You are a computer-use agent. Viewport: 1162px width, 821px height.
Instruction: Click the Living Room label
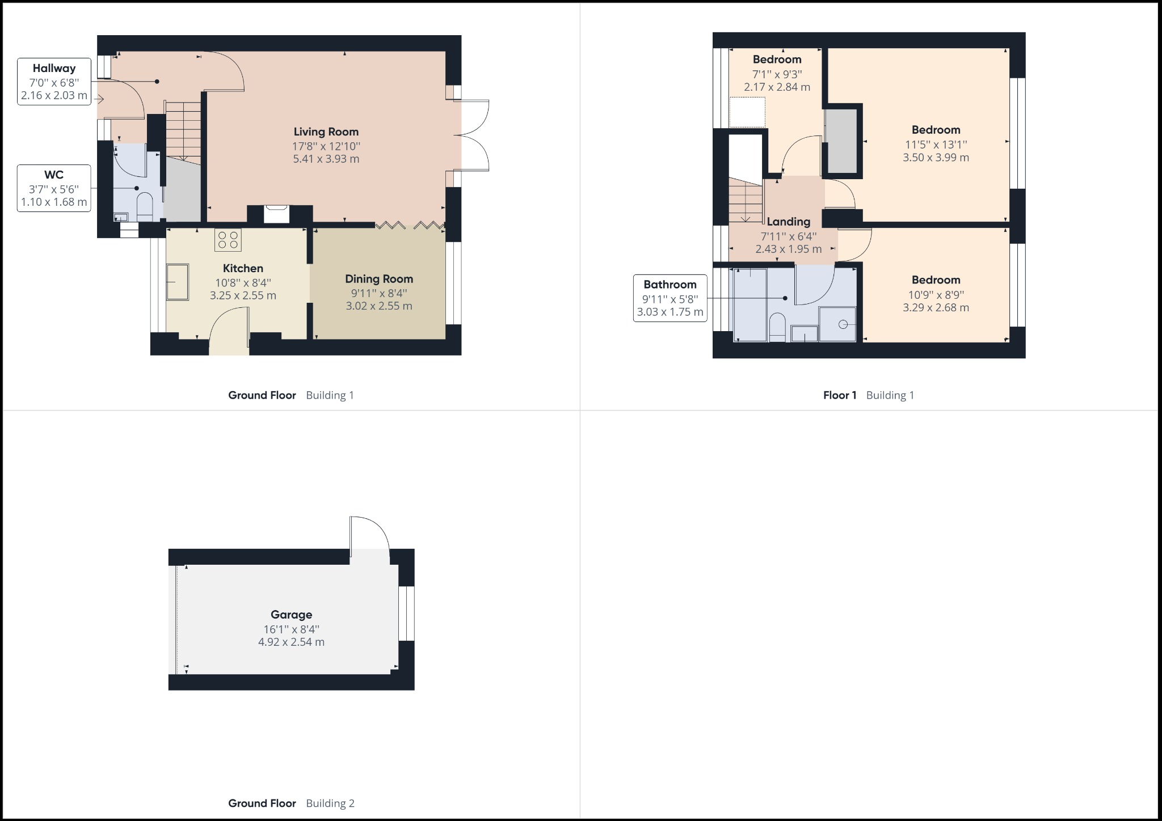326,132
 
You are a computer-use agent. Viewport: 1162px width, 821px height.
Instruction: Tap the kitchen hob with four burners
228,240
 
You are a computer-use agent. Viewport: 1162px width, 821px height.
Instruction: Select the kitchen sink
177,282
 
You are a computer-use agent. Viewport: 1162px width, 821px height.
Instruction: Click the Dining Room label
379,279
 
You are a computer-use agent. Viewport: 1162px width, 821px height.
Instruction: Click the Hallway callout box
54,82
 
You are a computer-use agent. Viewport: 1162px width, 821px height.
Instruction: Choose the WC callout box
54,188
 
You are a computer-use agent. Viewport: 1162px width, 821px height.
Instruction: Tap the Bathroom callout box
670,298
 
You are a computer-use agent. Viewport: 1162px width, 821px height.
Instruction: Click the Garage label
291,615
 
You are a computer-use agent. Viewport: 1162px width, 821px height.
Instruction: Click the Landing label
788,222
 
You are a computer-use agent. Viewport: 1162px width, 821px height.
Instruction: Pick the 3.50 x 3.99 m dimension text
936,158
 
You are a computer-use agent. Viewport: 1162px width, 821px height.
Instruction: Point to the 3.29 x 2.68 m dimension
936,308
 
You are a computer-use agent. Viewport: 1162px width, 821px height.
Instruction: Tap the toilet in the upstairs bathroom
777,328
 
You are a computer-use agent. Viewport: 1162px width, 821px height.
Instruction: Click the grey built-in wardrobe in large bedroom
841,140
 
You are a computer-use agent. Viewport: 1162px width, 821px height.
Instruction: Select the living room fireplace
277,214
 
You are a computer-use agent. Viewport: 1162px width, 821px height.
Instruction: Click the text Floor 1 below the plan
840,395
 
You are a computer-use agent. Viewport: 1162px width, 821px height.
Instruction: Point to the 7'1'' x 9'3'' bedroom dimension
777,74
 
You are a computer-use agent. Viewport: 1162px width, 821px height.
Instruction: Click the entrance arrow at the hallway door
100,100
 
